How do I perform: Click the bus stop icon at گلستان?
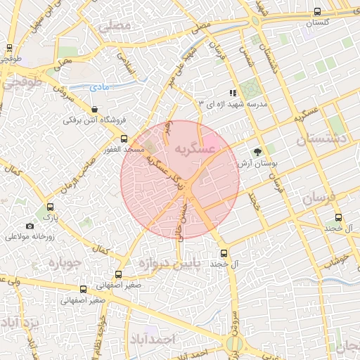click(318, 11)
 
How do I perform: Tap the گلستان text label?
click(318, 22)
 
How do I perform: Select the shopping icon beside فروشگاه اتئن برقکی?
click(94, 109)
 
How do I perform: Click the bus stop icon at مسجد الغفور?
click(124, 139)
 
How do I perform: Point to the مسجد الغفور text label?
click(124, 150)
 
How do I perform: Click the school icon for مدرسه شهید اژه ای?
click(233, 93)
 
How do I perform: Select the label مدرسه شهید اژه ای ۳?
click(233, 104)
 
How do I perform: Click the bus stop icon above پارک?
click(49, 207)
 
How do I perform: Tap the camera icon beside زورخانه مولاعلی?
click(30, 226)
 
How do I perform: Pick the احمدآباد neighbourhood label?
click(152, 339)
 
